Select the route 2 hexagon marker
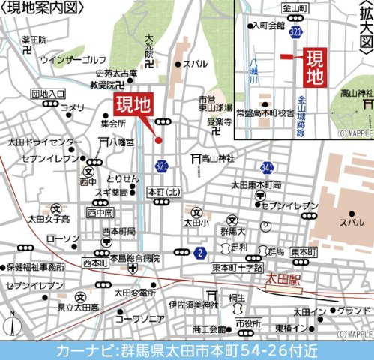click(199, 253)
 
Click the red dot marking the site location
click(158, 139)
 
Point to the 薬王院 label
click(34, 40)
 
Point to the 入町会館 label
click(269, 25)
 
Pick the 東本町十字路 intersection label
click(236, 268)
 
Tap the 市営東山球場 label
click(214, 103)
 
